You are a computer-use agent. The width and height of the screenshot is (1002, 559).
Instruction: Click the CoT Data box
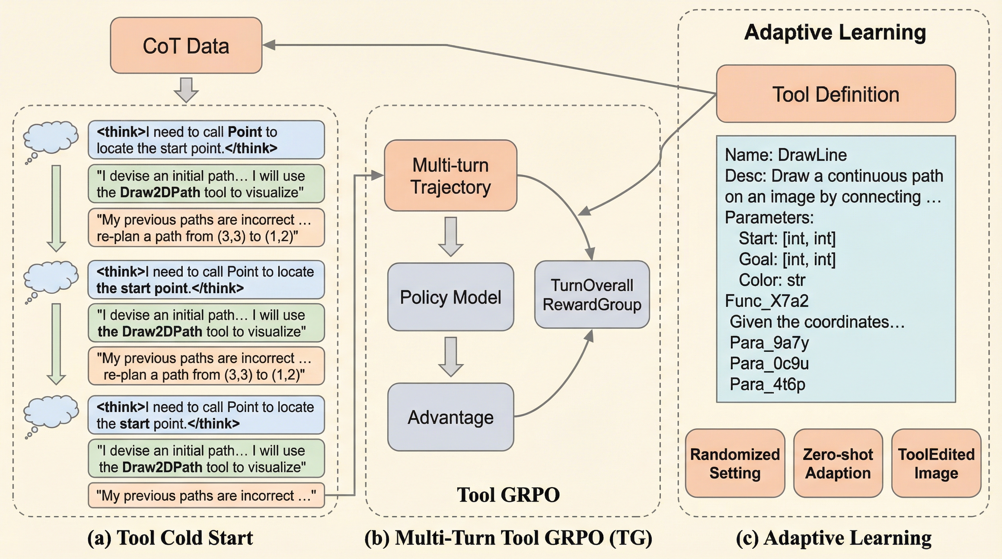click(x=186, y=45)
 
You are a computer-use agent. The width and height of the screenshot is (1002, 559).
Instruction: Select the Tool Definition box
click(x=836, y=94)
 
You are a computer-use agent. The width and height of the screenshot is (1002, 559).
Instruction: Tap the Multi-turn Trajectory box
click(x=450, y=176)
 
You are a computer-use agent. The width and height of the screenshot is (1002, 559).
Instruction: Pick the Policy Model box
click(x=450, y=297)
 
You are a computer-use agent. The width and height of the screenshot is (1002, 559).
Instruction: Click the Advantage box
click(x=450, y=417)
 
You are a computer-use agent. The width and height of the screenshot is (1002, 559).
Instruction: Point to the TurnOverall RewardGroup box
click(x=592, y=295)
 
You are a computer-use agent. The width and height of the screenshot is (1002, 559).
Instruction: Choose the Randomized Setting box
click(x=735, y=463)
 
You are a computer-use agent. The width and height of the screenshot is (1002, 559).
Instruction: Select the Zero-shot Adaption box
click(x=838, y=463)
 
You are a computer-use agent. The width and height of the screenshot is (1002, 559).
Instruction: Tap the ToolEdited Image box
click(x=936, y=463)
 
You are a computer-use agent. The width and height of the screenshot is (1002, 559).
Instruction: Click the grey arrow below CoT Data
click(x=186, y=90)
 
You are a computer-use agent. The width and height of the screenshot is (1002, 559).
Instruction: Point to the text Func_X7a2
click(x=767, y=301)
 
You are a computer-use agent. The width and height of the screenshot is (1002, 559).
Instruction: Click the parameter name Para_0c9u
click(x=769, y=364)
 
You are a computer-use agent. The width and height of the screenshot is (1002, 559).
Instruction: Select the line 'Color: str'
click(x=772, y=280)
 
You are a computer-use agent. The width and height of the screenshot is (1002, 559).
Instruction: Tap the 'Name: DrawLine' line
click(x=786, y=155)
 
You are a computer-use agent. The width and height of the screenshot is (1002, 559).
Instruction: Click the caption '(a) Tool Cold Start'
click(x=170, y=538)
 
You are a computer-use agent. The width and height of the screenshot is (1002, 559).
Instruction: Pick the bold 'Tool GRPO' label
click(x=508, y=495)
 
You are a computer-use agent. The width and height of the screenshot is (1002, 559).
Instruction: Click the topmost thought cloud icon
click(x=51, y=138)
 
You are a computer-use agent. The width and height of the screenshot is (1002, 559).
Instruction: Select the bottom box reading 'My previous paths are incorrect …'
click(x=206, y=496)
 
